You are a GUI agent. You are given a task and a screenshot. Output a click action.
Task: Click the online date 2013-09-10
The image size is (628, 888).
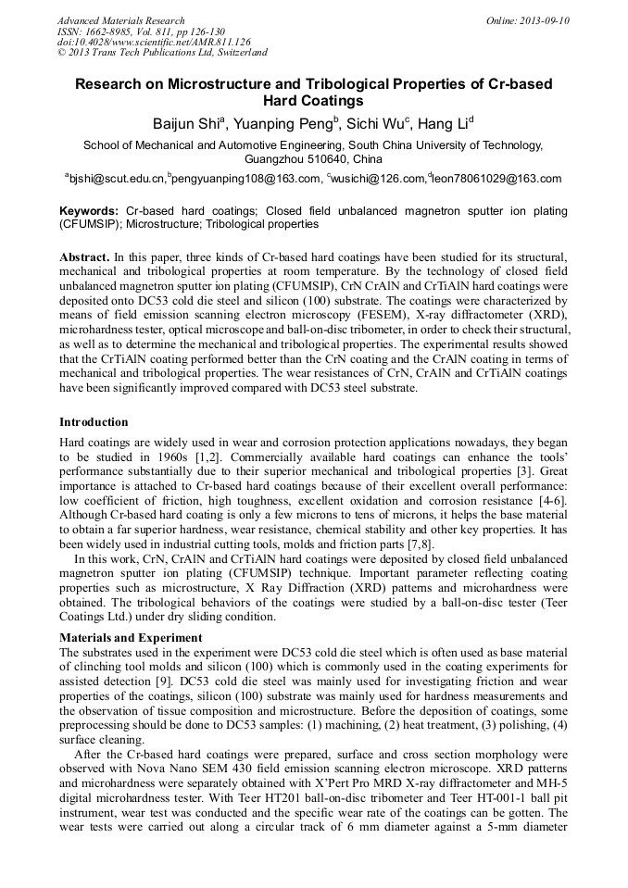pos(545,20)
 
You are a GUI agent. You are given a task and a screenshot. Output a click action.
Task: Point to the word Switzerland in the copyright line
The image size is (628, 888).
pos(235,53)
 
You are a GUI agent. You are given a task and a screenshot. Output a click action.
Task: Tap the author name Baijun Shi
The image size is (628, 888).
pos(186,124)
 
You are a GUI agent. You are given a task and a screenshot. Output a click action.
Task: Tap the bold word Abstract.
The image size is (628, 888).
pos(83,256)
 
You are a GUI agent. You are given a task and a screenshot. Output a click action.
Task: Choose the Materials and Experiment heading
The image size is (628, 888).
pos(132,638)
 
